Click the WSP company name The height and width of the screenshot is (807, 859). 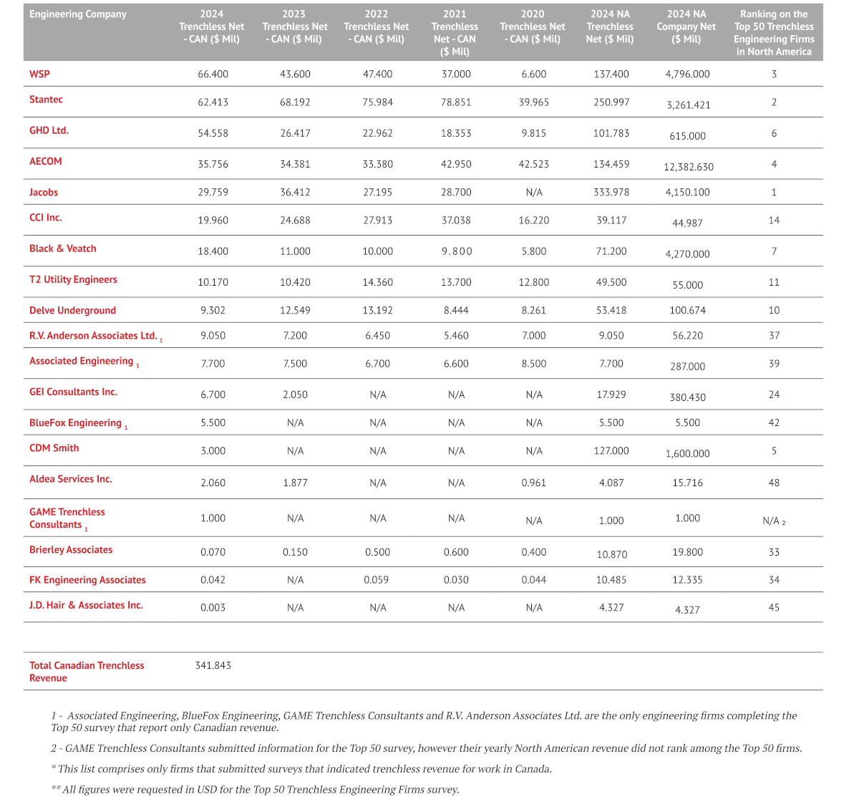pyautogui.click(x=39, y=74)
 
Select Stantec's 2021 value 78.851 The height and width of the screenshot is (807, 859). pyautogui.click(x=456, y=102)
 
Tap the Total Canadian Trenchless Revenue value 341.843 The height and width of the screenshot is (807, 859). pyautogui.click(x=213, y=665)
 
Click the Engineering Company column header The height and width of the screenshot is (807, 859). pyautogui.click(x=78, y=14)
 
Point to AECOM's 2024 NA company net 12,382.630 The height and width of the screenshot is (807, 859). pyautogui.click(x=688, y=167)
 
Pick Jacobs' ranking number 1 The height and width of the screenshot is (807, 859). pyautogui.click(x=774, y=192)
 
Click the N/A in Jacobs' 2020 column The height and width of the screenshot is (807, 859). pyautogui.click(x=533, y=192)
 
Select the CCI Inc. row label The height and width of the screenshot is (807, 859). pyautogui.click(x=46, y=218)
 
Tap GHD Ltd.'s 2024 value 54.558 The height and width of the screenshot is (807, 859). pyautogui.click(x=213, y=133)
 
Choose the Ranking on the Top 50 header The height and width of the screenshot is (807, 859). pyautogui.click(x=774, y=33)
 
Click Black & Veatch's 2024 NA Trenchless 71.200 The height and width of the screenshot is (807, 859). pyautogui.click(x=611, y=251)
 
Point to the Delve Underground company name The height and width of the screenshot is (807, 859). pyautogui.click(x=72, y=310)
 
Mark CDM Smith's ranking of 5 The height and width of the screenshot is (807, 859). pyautogui.click(x=774, y=450)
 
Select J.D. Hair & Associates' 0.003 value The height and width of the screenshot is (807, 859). pyautogui.click(x=213, y=607)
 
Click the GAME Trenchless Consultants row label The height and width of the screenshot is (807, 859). pyautogui.click(x=67, y=518)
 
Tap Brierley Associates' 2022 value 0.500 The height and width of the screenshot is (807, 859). pyautogui.click(x=377, y=552)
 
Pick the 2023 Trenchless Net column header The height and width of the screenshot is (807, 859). pyautogui.click(x=294, y=26)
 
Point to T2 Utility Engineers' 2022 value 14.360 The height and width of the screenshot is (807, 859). pyautogui.click(x=377, y=282)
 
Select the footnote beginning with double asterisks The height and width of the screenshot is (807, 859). pyautogui.click(x=255, y=789)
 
